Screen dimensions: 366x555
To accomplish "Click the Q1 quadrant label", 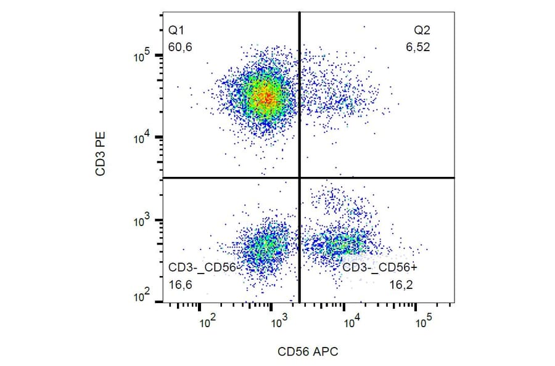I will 176,30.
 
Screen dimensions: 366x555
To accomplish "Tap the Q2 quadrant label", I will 421,30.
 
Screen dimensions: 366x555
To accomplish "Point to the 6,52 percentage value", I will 417,47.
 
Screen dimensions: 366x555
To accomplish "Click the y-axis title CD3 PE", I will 101,157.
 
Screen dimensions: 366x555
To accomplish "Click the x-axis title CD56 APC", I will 308,351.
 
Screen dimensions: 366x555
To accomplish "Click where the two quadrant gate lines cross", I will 300,177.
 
